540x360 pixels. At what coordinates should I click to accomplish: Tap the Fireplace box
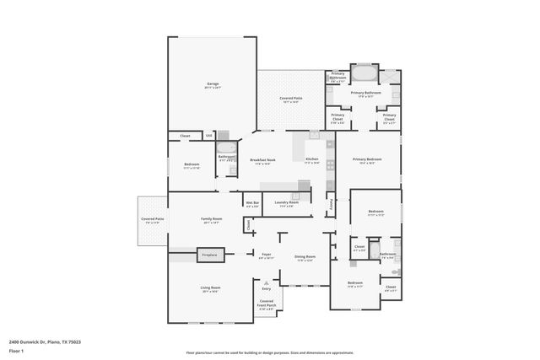tap(209, 254)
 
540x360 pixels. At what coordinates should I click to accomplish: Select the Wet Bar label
tap(252, 203)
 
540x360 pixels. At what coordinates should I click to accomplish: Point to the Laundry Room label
tap(287, 203)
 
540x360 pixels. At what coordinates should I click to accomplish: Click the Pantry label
tap(332, 203)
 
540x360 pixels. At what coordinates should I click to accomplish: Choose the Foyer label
tap(265, 255)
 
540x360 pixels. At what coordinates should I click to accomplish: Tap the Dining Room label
tap(305, 257)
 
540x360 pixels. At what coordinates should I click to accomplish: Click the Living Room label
tap(210, 289)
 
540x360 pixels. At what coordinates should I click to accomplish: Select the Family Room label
tap(210, 220)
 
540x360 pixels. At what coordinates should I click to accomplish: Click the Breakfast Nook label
tap(263, 160)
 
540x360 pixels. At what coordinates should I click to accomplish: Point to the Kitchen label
tap(311, 160)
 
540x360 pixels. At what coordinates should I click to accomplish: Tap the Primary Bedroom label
tap(367, 160)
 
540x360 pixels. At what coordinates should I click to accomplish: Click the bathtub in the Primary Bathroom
tap(366, 73)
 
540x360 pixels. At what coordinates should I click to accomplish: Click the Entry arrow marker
tap(267, 282)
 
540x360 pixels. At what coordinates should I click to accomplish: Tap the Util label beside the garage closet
tap(209, 135)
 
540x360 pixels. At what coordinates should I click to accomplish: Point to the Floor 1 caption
tap(16, 350)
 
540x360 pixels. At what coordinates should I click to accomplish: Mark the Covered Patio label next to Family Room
tap(153, 220)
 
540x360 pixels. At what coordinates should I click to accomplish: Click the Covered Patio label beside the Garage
tap(291, 99)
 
